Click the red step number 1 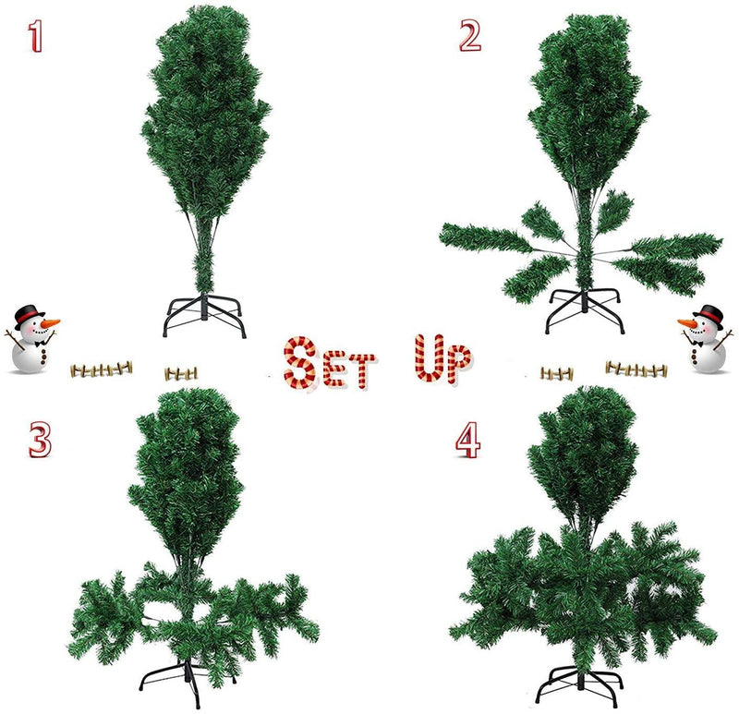click(36, 36)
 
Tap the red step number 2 click(470, 35)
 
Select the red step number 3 click(38, 440)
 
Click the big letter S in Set click(301, 362)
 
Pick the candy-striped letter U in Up click(426, 358)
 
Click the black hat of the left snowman click(30, 314)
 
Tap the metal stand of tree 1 click(205, 314)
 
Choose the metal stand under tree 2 click(585, 309)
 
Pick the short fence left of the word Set click(181, 373)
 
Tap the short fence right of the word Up click(557, 373)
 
